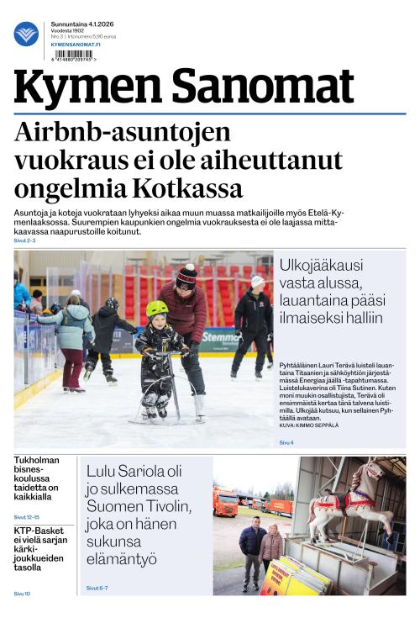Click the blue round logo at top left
[26, 34]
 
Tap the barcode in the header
[73, 55]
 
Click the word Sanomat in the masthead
[265, 88]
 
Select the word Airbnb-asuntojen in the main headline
[122, 134]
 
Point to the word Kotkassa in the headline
[188, 188]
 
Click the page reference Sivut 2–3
[24, 240]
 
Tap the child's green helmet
[157, 309]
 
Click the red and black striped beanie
[186, 276]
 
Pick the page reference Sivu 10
[22, 594]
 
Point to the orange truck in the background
[226, 503]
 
